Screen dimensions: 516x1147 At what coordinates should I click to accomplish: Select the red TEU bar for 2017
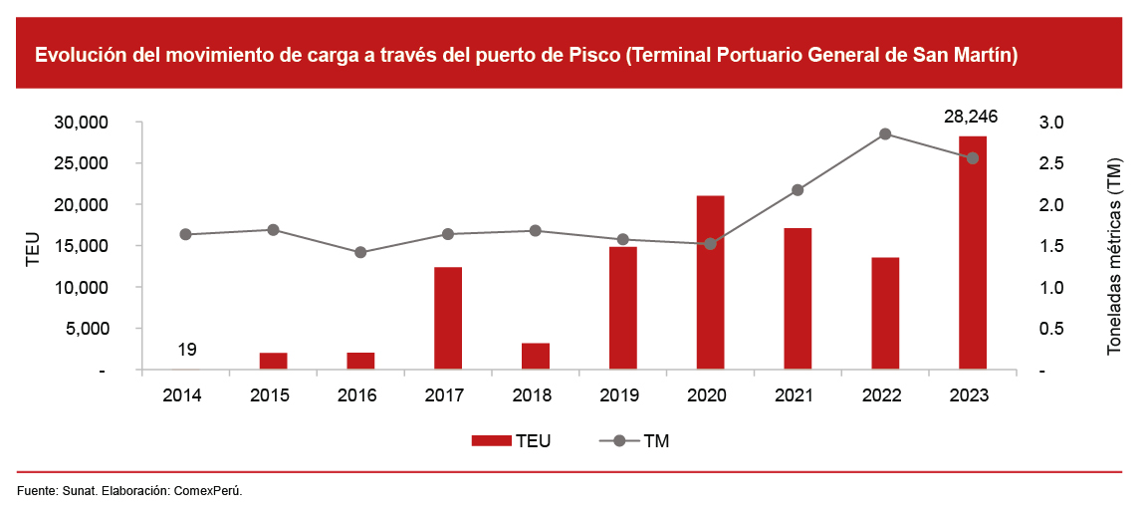[x=448, y=319]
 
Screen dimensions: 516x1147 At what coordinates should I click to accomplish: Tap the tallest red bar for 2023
[x=973, y=253]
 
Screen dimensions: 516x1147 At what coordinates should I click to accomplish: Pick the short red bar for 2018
[x=536, y=357]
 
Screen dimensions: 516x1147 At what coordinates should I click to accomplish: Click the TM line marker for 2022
[x=885, y=134]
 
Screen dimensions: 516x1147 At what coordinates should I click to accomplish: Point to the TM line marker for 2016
[x=360, y=253]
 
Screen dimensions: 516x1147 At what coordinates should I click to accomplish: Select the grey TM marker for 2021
[x=798, y=190]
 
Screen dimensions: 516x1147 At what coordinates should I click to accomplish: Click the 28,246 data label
[x=971, y=117]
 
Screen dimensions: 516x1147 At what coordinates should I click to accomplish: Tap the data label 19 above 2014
[x=186, y=350]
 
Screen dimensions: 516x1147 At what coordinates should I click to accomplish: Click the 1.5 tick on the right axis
[x=1052, y=246]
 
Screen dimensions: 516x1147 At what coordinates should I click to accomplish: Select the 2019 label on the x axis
[x=619, y=395]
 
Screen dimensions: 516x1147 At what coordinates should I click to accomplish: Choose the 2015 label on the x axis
[x=270, y=395]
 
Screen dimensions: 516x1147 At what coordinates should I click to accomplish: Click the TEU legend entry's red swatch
[x=491, y=440]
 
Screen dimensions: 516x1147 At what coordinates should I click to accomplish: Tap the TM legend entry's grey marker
[x=618, y=440]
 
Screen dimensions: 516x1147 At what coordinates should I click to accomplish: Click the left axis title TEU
[x=32, y=249]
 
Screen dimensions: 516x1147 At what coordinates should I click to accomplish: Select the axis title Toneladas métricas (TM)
[x=1115, y=256]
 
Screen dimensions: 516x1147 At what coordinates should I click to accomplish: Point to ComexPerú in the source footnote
[x=208, y=491]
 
